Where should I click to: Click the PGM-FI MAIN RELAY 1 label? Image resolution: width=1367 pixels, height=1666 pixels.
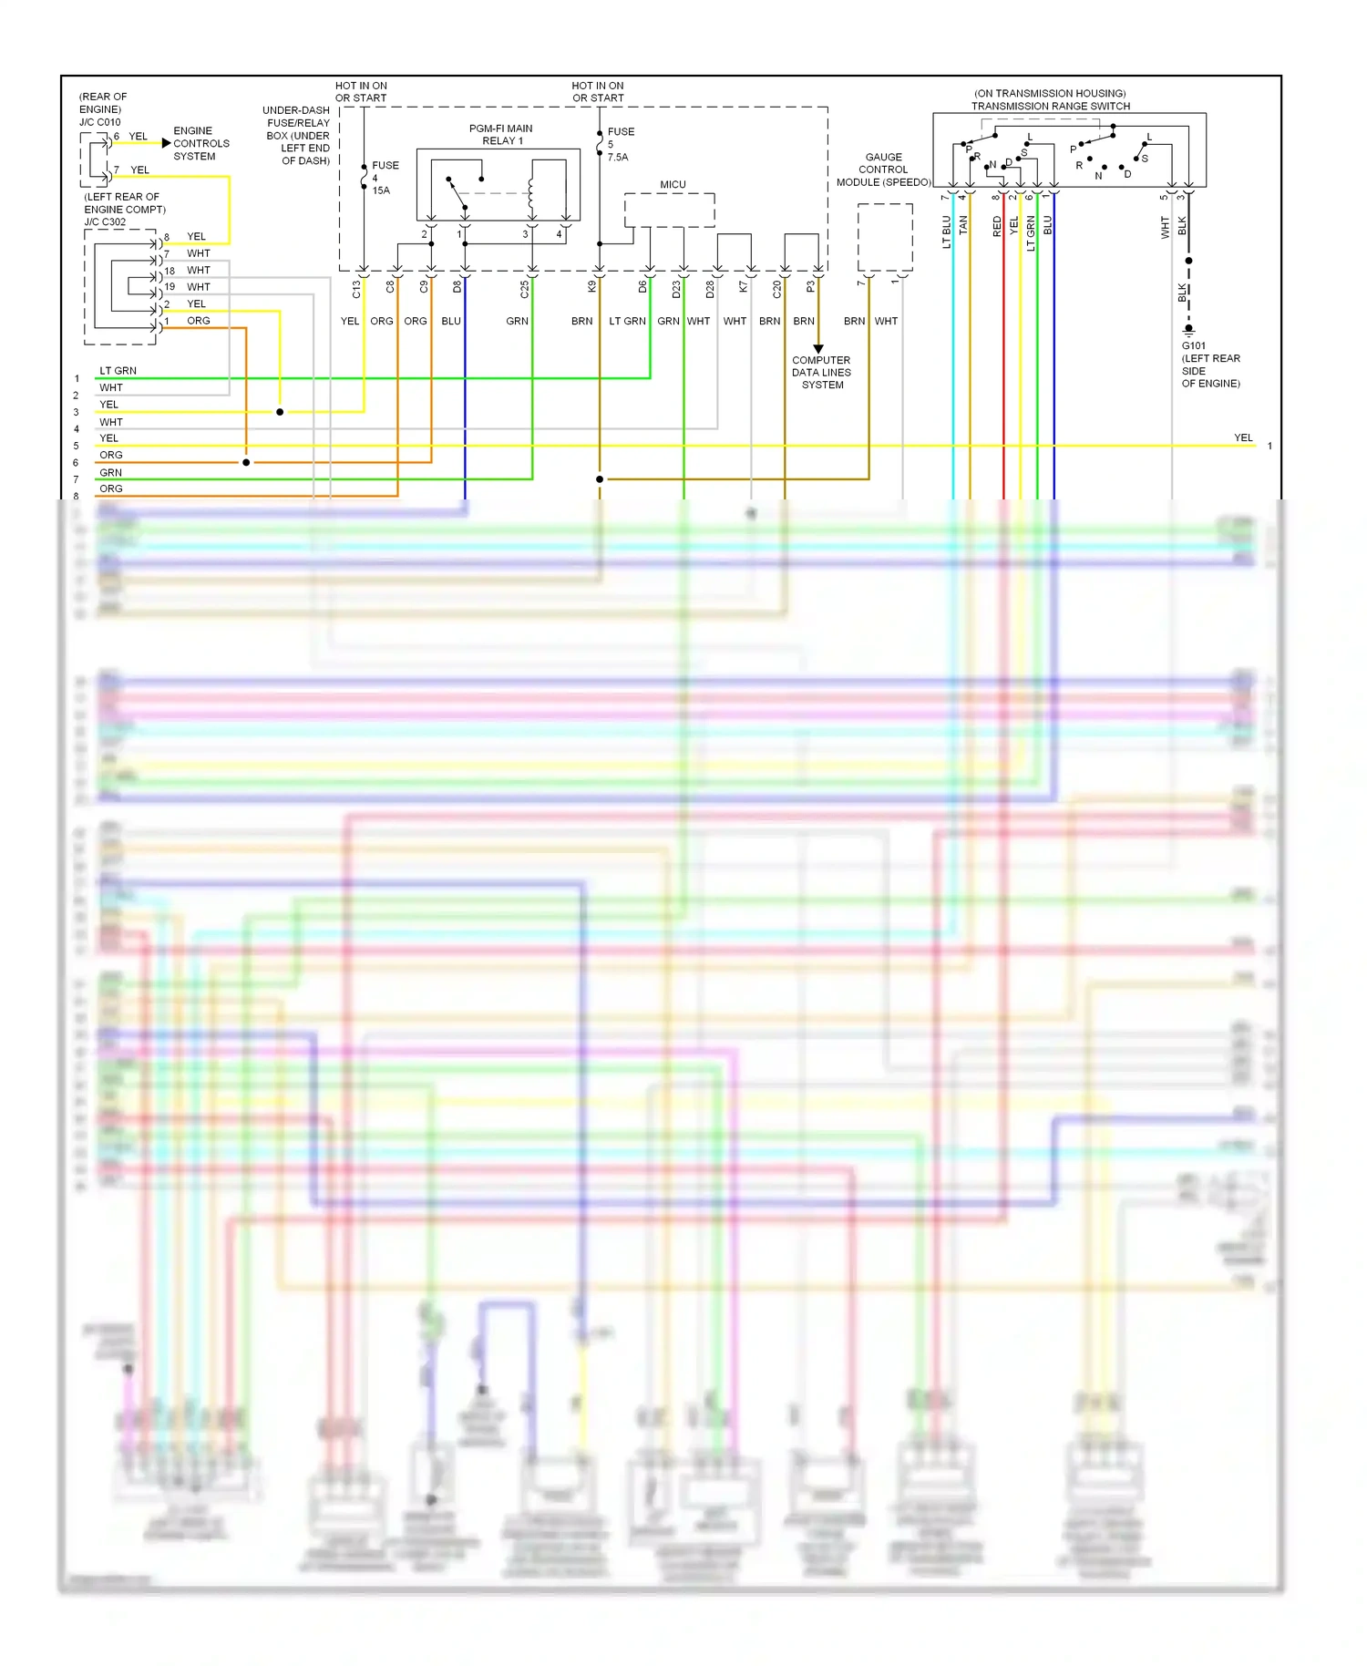pos(501,135)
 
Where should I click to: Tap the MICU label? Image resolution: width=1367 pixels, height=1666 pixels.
pos(673,185)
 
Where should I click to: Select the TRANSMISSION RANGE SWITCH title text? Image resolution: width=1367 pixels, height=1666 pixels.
pos(1050,107)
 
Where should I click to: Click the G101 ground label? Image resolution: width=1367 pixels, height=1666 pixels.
pos(1193,346)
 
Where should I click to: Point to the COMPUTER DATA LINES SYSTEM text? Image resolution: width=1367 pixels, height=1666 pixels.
pos(821,373)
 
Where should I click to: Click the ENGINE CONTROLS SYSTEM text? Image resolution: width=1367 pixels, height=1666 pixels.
pos(201,144)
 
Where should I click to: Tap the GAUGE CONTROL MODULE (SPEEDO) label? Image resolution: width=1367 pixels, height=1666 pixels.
pos(883,170)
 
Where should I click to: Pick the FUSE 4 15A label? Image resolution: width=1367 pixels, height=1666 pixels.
pos(384,178)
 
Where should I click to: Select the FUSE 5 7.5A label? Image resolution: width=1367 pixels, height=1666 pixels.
pos(620,144)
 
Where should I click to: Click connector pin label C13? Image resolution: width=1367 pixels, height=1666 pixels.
pos(356,289)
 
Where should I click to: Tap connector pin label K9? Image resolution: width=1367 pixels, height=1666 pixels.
pos(591,286)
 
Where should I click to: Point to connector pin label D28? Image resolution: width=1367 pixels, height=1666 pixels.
pos(710,289)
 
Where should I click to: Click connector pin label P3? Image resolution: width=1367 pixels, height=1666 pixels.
pos(810,286)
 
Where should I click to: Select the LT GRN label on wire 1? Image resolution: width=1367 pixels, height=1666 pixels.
pos(118,371)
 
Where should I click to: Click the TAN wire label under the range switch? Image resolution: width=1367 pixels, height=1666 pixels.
pos(963,225)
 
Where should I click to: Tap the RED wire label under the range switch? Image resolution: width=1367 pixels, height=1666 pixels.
pos(997,226)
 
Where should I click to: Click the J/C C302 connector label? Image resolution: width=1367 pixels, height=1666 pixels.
pos(105,222)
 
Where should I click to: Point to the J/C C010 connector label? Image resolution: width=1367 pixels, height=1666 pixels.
pos(99,122)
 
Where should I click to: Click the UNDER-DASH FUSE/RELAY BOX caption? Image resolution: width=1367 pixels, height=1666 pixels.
pos(297,136)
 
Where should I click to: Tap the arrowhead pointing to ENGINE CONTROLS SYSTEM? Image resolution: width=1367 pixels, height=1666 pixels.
pos(166,143)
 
